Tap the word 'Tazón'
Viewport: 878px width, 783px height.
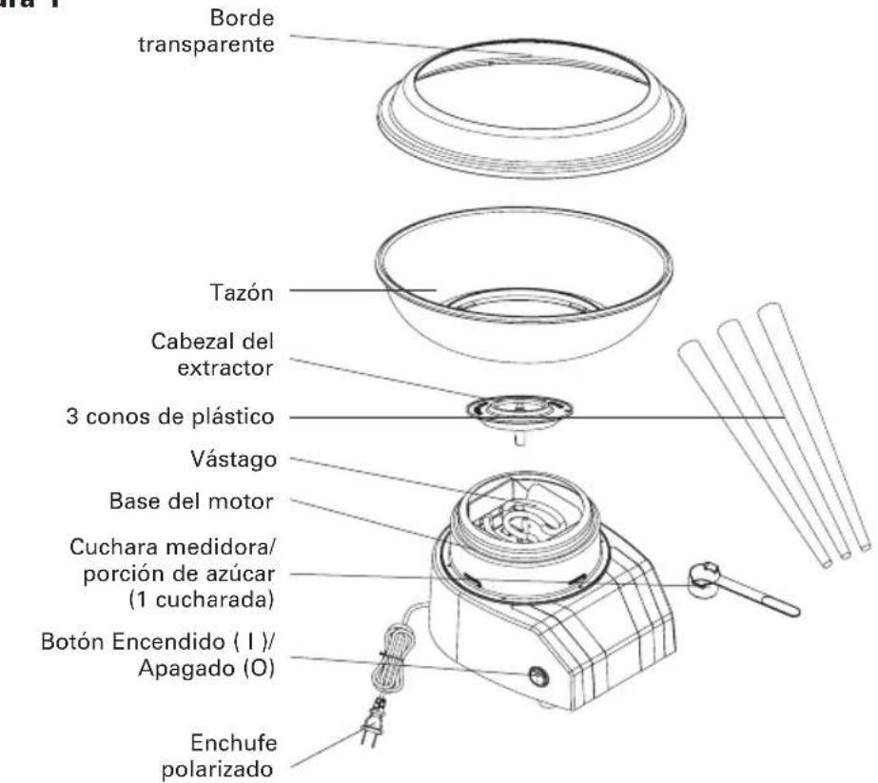click(x=244, y=295)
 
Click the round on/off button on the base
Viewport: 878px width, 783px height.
click(x=539, y=675)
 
